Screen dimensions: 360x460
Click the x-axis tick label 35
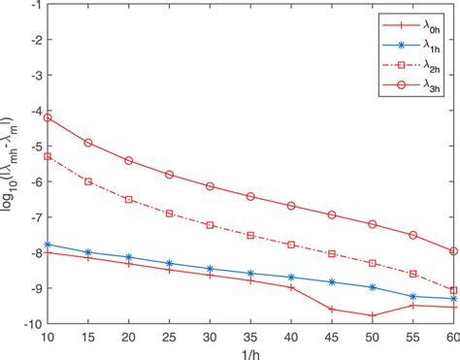(250, 335)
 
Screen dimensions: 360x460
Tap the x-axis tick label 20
(129, 335)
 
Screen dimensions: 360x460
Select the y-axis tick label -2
(33, 41)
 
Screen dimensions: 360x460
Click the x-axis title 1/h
(250, 351)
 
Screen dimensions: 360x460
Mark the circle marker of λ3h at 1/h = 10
(48, 117)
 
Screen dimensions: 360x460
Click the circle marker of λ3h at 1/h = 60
(453, 250)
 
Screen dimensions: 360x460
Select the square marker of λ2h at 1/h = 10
(48, 155)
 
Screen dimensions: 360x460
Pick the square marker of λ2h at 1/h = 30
(210, 224)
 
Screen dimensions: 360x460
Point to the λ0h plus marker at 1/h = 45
(332, 309)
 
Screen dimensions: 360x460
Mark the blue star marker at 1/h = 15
(88, 251)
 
